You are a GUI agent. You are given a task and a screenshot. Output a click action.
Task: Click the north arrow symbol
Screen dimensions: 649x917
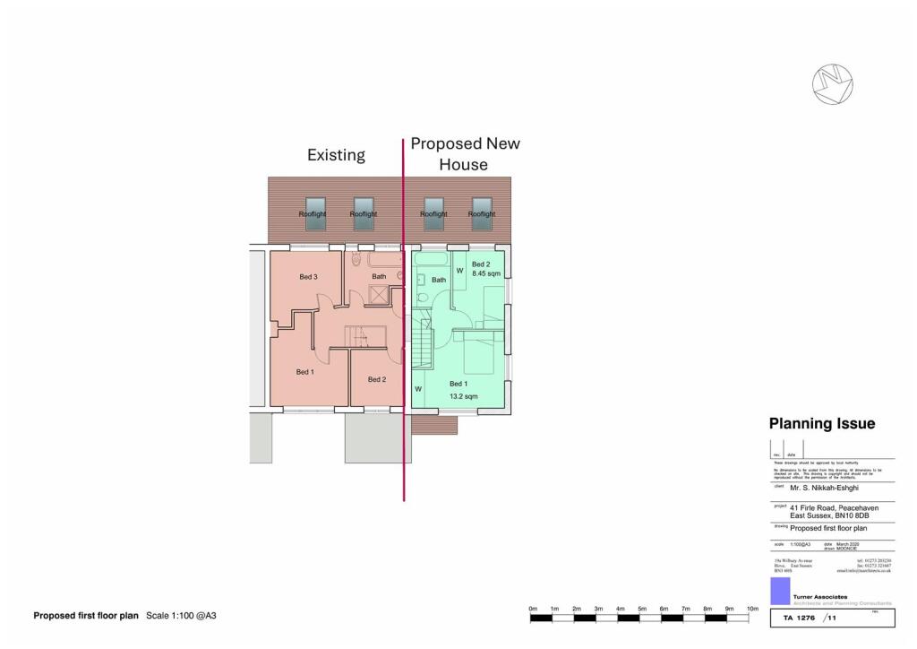[x=832, y=82]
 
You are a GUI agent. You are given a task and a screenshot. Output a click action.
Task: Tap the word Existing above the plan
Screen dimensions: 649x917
[x=336, y=155]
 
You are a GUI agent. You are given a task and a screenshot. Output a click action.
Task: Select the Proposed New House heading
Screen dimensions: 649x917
[x=464, y=154]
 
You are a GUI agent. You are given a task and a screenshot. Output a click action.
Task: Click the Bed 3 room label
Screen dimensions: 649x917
[x=308, y=277]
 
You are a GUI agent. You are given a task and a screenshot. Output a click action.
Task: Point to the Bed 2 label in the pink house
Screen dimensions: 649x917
[x=377, y=379]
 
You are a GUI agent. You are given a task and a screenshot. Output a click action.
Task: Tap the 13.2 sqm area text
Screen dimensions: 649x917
[x=463, y=396]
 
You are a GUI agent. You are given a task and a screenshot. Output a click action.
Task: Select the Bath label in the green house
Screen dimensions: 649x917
[x=439, y=281]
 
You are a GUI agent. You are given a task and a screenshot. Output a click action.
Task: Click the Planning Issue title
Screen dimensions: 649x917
[x=822, y=424]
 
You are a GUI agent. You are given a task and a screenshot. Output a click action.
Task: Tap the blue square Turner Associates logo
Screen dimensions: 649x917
[x=779, y=590]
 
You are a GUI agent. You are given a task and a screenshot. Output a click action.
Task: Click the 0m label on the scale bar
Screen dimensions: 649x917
[x=533, y=610]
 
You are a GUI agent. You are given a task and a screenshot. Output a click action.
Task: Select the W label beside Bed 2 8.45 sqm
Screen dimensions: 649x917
[x=459, y=270]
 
